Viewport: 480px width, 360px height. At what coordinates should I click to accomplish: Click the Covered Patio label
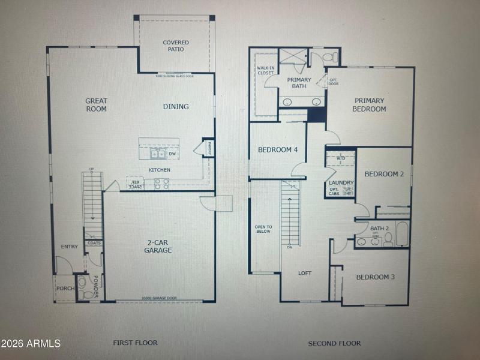coord(176,46)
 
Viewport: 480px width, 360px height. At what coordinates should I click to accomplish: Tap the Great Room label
coord(96,105)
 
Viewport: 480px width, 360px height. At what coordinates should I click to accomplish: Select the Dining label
coord(176,107)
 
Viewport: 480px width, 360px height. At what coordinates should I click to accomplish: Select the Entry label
coord(70,247)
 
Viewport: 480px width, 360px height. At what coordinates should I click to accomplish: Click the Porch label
coord(65,289)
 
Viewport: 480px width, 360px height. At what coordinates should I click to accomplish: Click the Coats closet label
coord(94,243)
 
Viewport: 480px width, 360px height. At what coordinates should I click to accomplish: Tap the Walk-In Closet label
coord(266,71)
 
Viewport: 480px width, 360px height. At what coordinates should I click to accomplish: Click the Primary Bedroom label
coord(370,105)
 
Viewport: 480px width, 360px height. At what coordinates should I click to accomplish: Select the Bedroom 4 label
coord(278,149)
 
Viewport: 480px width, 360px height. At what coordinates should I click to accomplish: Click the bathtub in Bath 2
coord(401,235)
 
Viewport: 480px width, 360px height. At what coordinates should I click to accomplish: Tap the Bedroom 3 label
coord(376,277)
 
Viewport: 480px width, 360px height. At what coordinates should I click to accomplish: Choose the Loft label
coord(305,273)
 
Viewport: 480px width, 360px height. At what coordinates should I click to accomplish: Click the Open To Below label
coord(263,229)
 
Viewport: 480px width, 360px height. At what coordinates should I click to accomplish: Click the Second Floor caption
coord(334,343)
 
